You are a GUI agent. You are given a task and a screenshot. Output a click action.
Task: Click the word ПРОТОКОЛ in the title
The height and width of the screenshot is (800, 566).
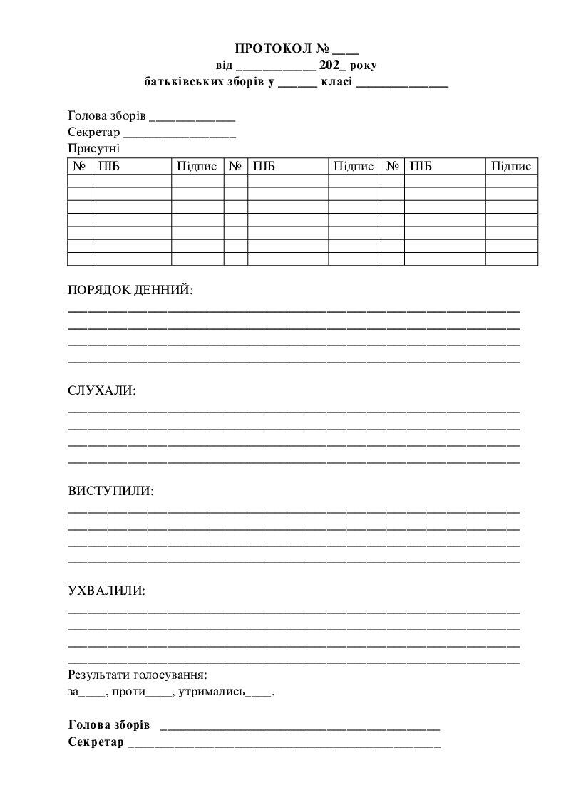272,49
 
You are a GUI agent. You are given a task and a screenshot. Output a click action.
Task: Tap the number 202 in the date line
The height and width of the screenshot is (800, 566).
330,66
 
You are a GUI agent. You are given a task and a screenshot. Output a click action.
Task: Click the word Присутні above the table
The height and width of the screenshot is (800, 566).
94,149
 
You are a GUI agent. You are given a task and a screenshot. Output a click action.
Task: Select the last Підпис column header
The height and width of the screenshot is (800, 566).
511,167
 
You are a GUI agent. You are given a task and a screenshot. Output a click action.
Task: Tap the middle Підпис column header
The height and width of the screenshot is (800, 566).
354,167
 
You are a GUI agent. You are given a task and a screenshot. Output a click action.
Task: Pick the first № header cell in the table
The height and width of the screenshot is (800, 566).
79,167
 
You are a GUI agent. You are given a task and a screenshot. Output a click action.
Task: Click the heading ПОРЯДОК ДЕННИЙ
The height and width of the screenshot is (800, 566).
130,291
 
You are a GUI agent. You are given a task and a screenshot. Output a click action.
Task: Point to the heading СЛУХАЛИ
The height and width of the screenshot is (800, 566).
101,391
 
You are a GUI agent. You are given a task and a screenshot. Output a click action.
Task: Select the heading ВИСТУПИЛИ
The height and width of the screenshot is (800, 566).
110,492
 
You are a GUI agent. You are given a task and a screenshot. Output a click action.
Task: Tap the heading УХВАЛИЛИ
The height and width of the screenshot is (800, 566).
106,591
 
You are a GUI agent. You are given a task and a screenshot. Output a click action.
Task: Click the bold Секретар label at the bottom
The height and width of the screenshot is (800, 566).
96,742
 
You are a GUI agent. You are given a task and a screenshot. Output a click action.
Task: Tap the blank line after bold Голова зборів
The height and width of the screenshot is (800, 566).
300,727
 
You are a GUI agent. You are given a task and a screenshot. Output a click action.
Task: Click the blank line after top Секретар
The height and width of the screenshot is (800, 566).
180,134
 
